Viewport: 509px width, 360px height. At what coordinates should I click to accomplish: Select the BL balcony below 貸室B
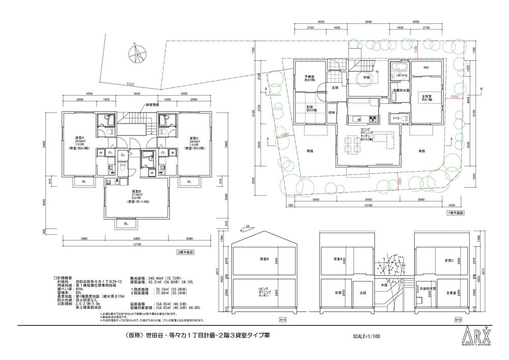pos(126,223)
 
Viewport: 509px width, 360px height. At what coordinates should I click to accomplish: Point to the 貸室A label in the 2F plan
pos(79,137)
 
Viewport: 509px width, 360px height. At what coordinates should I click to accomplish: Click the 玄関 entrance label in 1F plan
pos(335,88)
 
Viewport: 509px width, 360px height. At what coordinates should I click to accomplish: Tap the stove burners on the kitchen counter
pos(372,120)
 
